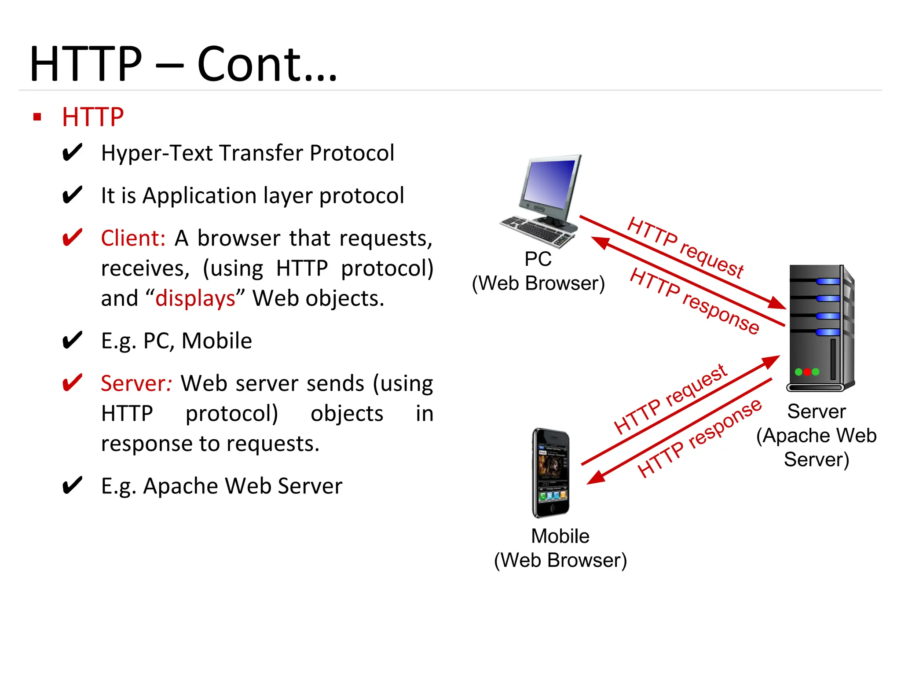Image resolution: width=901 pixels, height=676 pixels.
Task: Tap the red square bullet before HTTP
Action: click(37, 117)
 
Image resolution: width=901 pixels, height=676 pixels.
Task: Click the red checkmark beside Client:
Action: click(72, 238)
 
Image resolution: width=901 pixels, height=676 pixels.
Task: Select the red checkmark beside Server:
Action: click(72, 383)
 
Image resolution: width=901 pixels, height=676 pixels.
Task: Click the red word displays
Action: click(195, 299)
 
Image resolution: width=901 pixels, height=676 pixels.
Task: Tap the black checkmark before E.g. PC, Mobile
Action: click(72, 341)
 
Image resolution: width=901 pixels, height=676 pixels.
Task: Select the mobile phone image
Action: click(551, 473)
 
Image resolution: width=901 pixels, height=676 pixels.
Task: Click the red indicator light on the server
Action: click(807, 372)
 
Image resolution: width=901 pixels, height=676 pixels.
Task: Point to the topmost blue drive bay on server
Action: click(828, 281)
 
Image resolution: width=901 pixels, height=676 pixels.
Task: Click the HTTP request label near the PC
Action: click(685, 247)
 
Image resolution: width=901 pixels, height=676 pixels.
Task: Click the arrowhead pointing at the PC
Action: click(599, 242)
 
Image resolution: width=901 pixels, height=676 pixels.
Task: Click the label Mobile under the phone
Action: click(560, 536)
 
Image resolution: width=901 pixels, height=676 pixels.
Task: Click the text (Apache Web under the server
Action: click(816, 436)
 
